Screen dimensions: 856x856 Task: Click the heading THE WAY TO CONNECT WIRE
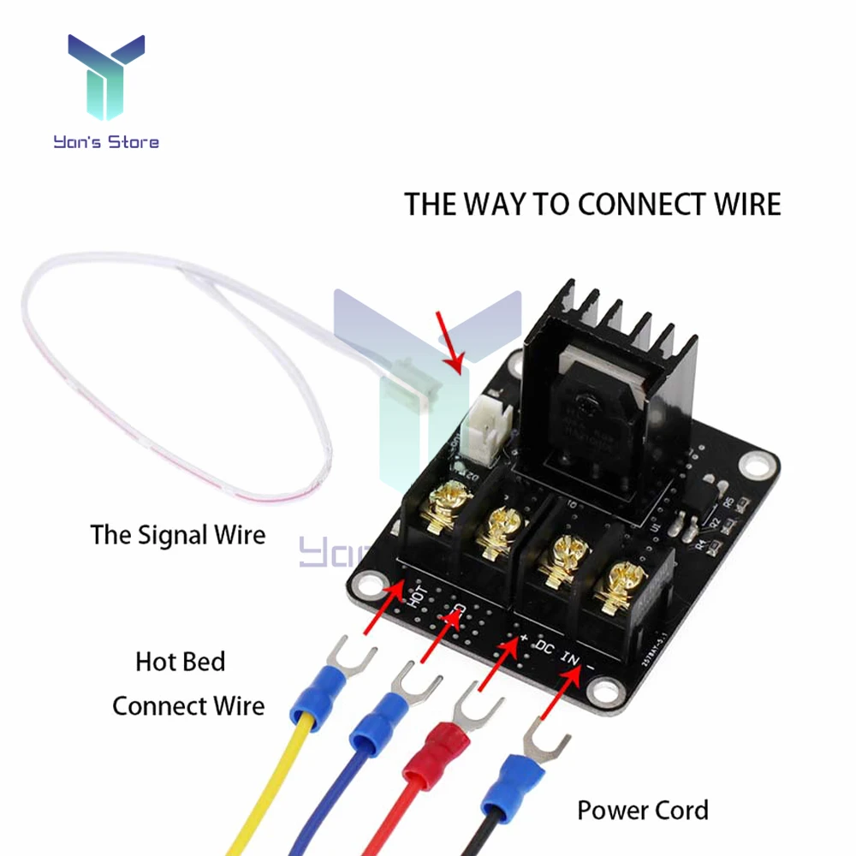coord(592,205)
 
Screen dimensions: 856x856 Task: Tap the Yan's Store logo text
coord(106,141)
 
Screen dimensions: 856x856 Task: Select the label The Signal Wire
coord(178,535)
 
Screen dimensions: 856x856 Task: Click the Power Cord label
coord(642,809)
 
